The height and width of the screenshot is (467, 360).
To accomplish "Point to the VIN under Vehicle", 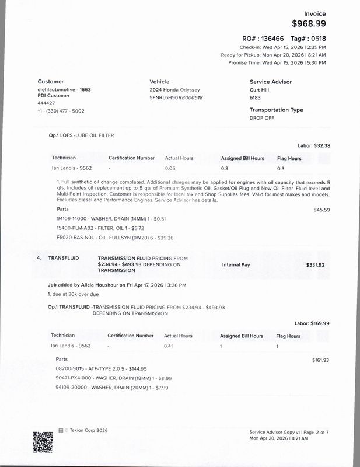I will pos(176,97).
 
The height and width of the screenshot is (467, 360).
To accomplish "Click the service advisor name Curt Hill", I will pos(262,90).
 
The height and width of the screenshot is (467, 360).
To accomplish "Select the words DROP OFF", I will pos(261,117).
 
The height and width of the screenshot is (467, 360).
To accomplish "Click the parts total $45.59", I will pos(321,210).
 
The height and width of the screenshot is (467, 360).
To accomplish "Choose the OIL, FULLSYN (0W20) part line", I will pos(107,238).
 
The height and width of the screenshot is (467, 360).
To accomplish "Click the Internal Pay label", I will pos(236,264).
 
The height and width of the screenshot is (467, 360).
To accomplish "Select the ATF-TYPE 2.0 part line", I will pos(101,369).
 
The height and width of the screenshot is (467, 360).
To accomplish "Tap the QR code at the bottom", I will pos(43,442).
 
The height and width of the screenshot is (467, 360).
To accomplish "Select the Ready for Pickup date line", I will pos(273,54).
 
